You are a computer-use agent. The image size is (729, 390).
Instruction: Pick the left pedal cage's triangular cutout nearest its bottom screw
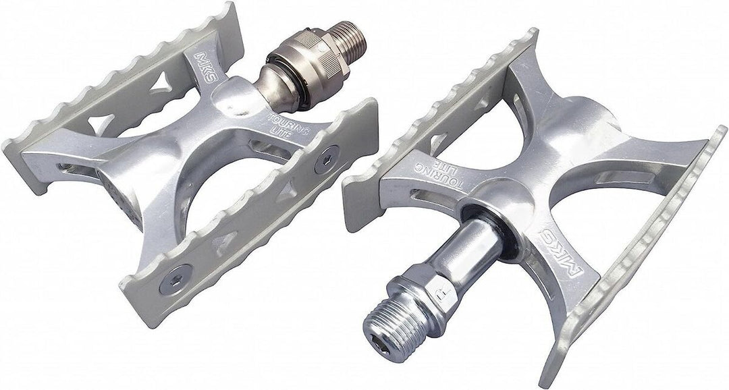[223, 240]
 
